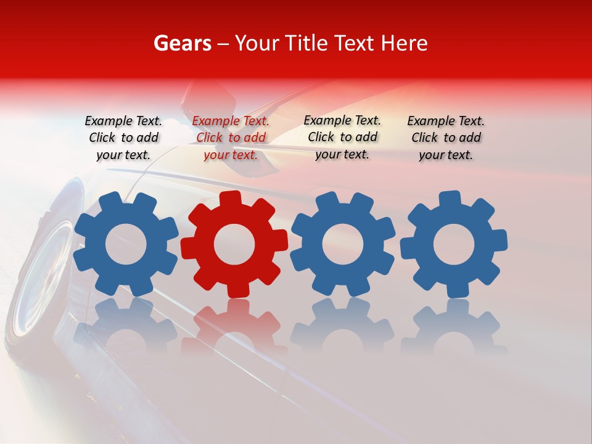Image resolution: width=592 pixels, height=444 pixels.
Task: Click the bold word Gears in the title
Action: tap(182, 43)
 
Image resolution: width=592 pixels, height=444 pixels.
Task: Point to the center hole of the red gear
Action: tap(234, 244)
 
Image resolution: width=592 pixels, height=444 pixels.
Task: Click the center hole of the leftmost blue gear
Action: tap(126, 245)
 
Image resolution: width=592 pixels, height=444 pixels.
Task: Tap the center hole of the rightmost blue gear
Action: tap(454, 245)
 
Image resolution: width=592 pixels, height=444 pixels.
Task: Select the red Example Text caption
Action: tap(231, 138)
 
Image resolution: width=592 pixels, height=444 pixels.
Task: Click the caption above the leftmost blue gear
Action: tap(123, 138)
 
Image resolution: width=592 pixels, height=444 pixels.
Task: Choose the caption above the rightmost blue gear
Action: tap(446, 138)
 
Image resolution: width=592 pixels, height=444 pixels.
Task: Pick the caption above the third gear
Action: tap(342, 137)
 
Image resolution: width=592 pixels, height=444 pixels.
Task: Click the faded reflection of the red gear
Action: tap(234, 327)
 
